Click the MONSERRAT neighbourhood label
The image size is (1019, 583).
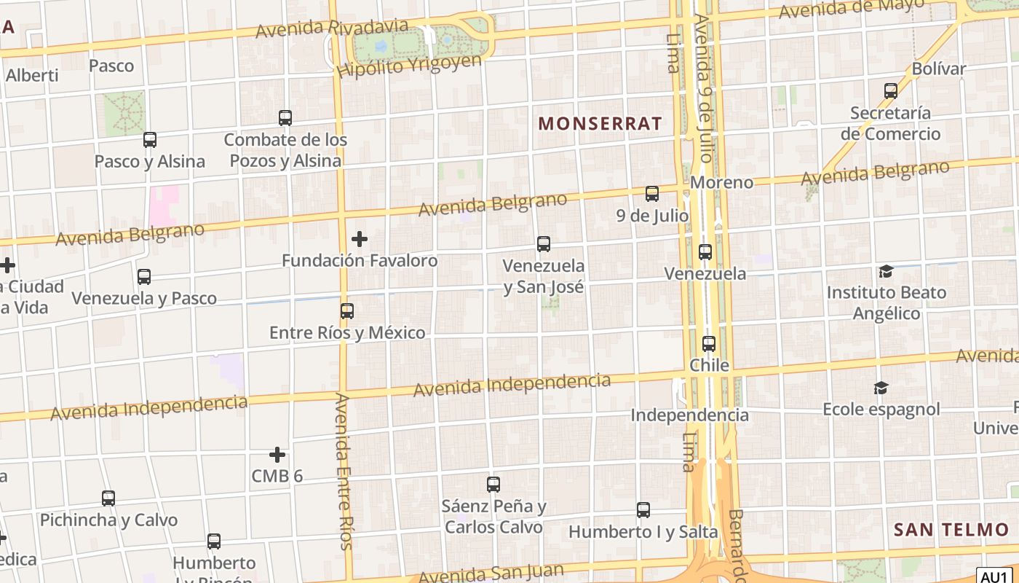600,123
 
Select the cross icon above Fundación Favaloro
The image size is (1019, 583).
360,238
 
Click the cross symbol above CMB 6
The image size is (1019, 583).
277,455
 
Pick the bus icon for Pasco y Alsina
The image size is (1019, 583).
150,139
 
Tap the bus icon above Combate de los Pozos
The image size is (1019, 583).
285,117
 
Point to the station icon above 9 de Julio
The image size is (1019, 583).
652,194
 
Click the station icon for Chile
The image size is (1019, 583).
709,343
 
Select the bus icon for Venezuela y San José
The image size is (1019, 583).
544,244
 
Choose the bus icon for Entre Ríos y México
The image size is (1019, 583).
347,311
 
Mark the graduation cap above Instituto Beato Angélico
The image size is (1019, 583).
886,271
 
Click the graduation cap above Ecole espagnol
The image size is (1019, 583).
881,388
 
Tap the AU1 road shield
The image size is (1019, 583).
994,576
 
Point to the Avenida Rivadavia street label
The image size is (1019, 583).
332,28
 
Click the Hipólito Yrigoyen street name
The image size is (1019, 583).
409,65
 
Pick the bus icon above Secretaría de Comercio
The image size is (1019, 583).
891,91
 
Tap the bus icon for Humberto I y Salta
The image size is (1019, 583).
643,510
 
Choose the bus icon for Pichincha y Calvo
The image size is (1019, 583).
108,498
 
